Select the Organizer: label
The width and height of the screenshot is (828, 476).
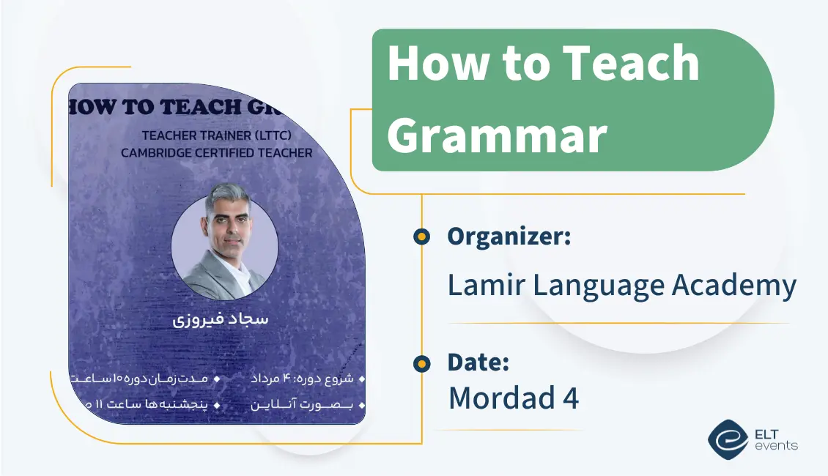509,237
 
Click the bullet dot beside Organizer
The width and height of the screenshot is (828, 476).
421,237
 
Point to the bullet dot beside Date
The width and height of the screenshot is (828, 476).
421,363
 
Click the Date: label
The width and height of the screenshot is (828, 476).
478,362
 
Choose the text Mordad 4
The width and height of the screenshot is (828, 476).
513,398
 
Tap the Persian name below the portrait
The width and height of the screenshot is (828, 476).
220,321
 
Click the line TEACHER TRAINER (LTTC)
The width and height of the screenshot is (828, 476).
216,135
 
